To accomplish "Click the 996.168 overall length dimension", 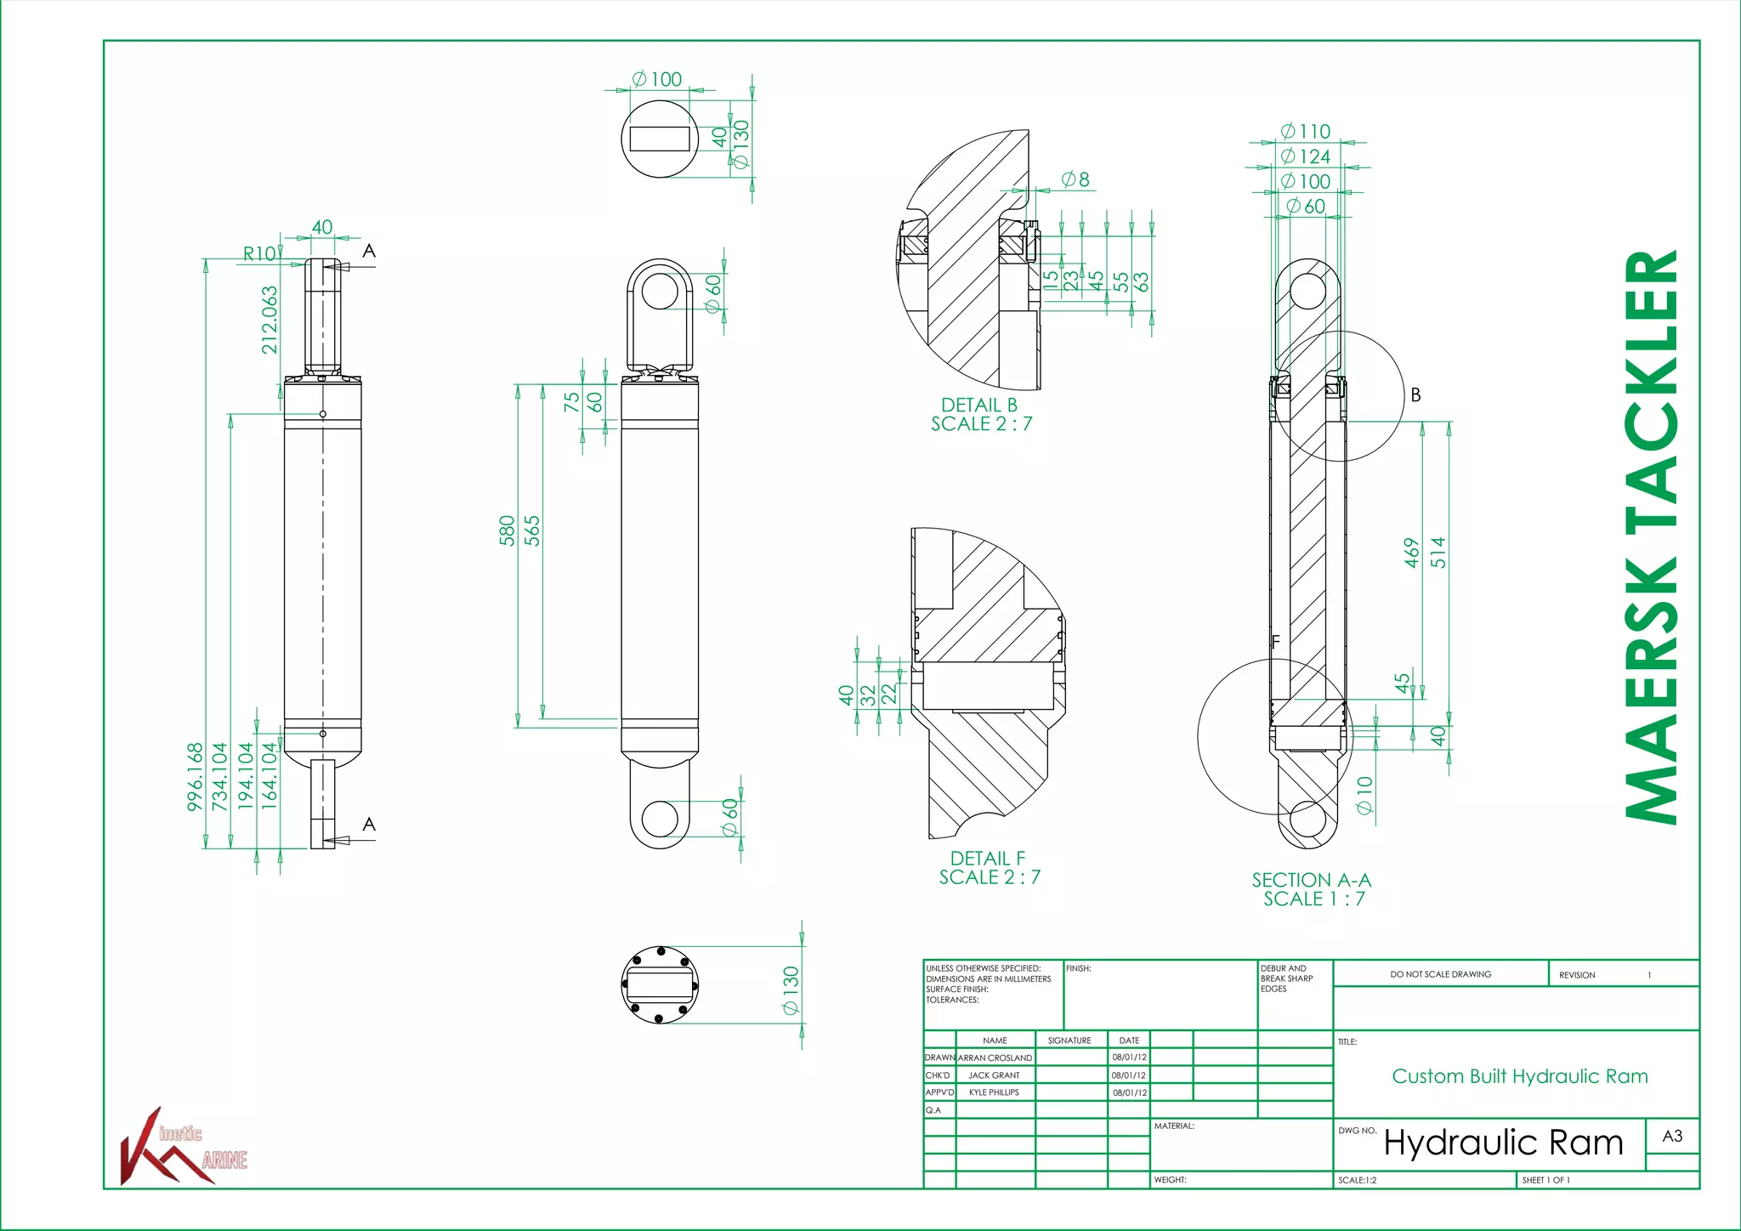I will pyautogui.click(x=196, y=776).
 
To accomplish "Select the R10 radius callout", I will pyautogui.click(x=259, y=253).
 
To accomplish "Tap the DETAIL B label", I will pyautogui.click(x=978, y=406).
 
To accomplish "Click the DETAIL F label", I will pyautogui.click(x=987, y=859).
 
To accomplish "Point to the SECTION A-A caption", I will pyautogui.click(x=1311, y=881).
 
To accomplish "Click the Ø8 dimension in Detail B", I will pyautogui.click(x=1075, y=179).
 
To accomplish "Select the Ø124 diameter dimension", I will pyautogui.click(x=1306, y=156).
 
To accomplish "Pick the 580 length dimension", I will pyautogui.click(x=508, y=530).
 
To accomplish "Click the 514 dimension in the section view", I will pyautogui.click(x=1438, y=553).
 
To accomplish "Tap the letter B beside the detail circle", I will pyautogui.click(x=1415, y=395).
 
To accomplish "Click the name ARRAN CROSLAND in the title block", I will pyautogui.click(x=995, y=1058).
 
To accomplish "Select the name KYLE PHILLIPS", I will pyautogui.click(x=993, y=1092).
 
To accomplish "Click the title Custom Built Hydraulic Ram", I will pyautogui.click(x=1519, y=1076).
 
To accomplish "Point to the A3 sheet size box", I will pyautogui.click(x=1671, y=1137).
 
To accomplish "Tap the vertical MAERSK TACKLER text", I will pyautogui.click(x=1651, y=536).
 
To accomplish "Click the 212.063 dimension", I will pyautogui.click(x=269, y=320).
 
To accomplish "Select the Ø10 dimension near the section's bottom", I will pyautogui.click(x=1365, y=795).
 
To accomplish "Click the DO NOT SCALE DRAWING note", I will pyautogui.click(x=1440, y=974).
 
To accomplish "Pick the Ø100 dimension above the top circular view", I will pyautogui.click(x=657, y=79).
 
